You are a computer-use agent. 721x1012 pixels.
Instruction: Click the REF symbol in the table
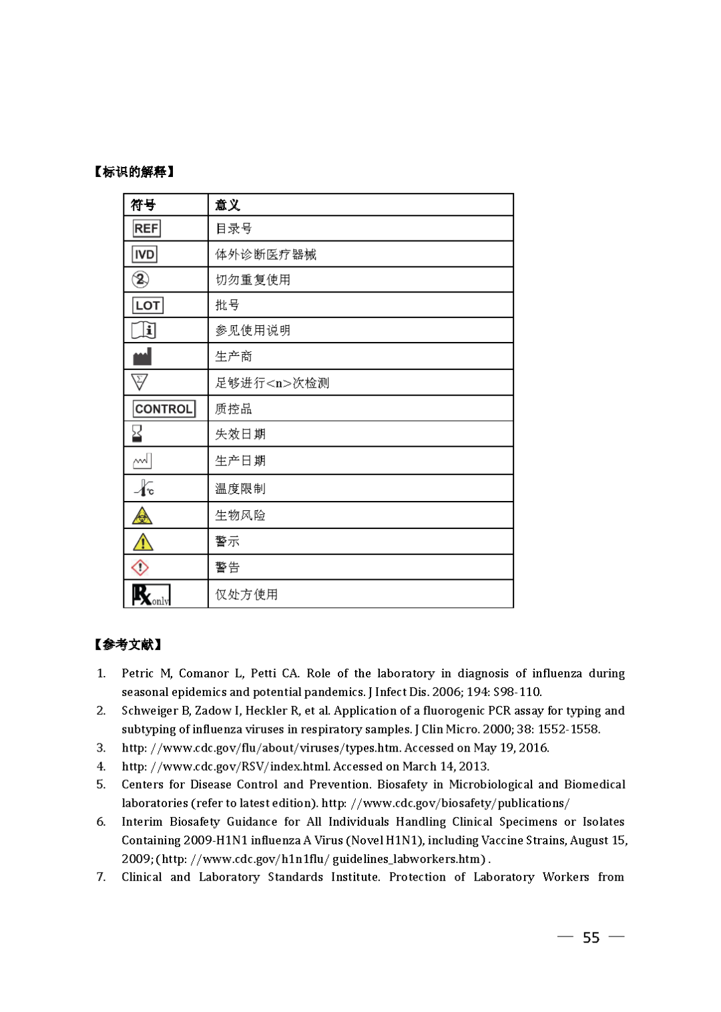(x=146, y=228)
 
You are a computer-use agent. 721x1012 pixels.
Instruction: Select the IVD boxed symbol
(x=144, y=255)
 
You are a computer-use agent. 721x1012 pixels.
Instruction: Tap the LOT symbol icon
(x=147, y=305)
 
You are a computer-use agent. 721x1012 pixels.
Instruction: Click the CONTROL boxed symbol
(x=164, y=409)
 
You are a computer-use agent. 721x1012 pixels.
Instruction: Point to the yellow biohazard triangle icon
(x=142, y=516)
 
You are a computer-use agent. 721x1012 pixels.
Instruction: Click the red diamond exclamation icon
(x=140, y=568)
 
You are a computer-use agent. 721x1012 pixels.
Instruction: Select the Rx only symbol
(x=151, y=595)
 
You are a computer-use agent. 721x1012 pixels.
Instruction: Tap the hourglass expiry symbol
(x=137, y=434)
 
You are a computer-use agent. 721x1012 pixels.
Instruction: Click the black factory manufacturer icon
(x=142, y=357)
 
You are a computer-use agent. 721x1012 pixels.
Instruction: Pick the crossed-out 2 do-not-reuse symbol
(x=140, y=279)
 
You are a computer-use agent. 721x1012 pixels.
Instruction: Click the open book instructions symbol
(x=144, y=330)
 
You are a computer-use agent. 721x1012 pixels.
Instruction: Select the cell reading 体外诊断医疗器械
(x=266, y=255)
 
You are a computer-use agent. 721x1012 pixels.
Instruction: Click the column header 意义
(x=227, y=205)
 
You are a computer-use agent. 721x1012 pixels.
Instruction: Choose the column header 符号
(x=143, y=205)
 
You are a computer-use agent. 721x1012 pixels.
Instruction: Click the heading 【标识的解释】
(x=134, y=172)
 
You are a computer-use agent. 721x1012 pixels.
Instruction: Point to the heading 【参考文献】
(x=128, y=645)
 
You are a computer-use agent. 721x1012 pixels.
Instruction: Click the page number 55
(x=591, y=938)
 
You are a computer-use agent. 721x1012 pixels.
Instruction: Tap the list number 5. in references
(x=101, y=784)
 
